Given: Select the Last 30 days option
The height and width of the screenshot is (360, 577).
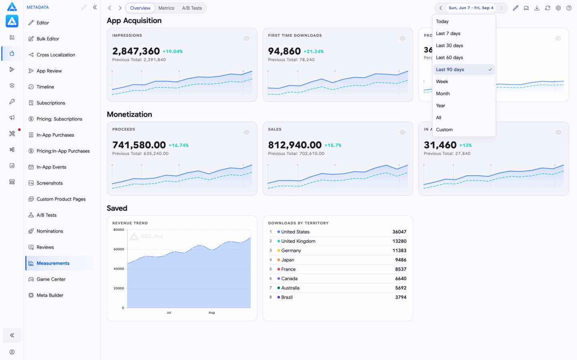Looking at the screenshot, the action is (449, 45).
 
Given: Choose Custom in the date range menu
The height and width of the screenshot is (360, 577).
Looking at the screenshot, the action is (444, 129).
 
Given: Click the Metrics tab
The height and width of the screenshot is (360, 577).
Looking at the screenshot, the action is (166, 8).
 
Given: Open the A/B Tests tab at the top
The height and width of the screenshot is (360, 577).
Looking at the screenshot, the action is (192, 8).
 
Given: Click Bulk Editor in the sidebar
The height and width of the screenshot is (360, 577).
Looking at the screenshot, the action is (48, 38).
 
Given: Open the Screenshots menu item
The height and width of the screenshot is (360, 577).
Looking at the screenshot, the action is (49, 183).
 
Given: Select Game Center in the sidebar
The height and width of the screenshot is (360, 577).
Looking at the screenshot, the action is (51, 279).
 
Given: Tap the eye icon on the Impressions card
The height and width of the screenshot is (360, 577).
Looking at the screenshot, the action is (246, 38).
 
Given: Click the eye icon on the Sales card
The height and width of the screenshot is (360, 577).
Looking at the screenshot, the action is (402, 132).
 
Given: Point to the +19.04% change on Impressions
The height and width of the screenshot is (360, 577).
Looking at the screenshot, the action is (173, 51).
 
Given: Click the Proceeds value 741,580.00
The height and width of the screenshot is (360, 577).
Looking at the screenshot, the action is (139, 145).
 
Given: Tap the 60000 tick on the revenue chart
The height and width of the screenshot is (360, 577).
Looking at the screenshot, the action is (119, 249).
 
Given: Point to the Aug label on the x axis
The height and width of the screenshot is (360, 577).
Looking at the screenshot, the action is (212, 312).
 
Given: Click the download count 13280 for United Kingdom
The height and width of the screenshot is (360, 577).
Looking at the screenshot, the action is (399, 241).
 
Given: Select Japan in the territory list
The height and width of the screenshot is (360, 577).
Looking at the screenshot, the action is (287, 260).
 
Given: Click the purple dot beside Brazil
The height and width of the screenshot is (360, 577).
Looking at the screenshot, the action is (278, 297).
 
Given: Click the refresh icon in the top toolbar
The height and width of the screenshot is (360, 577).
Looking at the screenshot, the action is (547, 8).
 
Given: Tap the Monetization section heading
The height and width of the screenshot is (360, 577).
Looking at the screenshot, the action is (129, 114).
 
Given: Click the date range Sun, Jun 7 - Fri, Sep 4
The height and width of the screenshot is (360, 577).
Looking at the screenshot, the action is (471, 8).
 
